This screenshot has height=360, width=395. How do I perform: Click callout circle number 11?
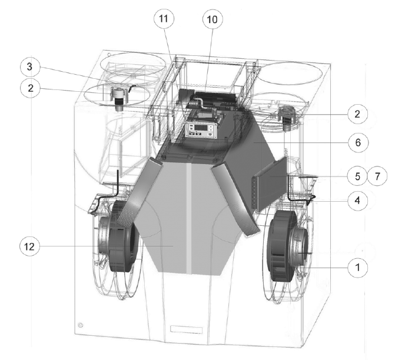(164, 18)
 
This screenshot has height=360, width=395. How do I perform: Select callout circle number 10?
(213, 19)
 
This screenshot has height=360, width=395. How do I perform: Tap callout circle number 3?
(29, 66)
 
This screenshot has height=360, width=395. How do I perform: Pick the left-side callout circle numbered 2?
(30, 88)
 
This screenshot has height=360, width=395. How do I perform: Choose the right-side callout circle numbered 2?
(357, 114)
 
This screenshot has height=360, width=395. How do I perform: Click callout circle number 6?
(358, 142)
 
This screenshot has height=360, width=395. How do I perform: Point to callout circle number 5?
(357, 176)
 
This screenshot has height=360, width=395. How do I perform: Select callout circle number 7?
(377, 176)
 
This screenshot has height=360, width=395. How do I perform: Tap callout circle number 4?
(357, 201)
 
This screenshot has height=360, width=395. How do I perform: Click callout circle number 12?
(29, 246)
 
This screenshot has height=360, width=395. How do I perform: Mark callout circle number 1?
(357, 268)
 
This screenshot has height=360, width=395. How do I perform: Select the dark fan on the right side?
(288, 245)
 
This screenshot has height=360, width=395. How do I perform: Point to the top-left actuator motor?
(119, 98)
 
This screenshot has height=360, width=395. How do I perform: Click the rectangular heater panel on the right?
(270, 184)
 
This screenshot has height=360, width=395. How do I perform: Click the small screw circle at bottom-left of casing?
(81, 325)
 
